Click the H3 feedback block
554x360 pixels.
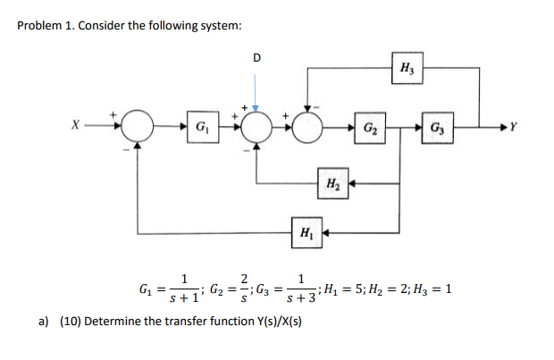(x=407, y=68)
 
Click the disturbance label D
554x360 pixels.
(x=257, y=59)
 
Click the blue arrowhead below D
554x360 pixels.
(x=257, y=106)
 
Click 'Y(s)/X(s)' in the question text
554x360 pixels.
(x=270, y=321)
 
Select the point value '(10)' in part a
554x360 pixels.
(x=71, y=321)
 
